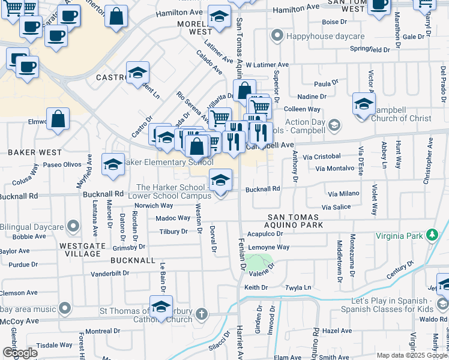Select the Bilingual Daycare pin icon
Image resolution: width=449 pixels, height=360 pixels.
pos(73,227)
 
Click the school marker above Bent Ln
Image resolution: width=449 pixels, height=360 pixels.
pos(138,74)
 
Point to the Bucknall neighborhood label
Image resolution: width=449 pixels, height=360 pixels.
pos(133,260)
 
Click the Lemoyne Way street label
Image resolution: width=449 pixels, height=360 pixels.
pos(269,247)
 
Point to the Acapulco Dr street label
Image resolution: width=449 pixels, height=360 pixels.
pos(264,235)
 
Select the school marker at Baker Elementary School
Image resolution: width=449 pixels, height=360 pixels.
pos(113,166)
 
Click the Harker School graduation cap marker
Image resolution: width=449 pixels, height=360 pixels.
pos(220,180)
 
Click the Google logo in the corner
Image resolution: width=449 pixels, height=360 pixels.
pos(20,352)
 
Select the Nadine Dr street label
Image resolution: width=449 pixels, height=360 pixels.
pos(312,96)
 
